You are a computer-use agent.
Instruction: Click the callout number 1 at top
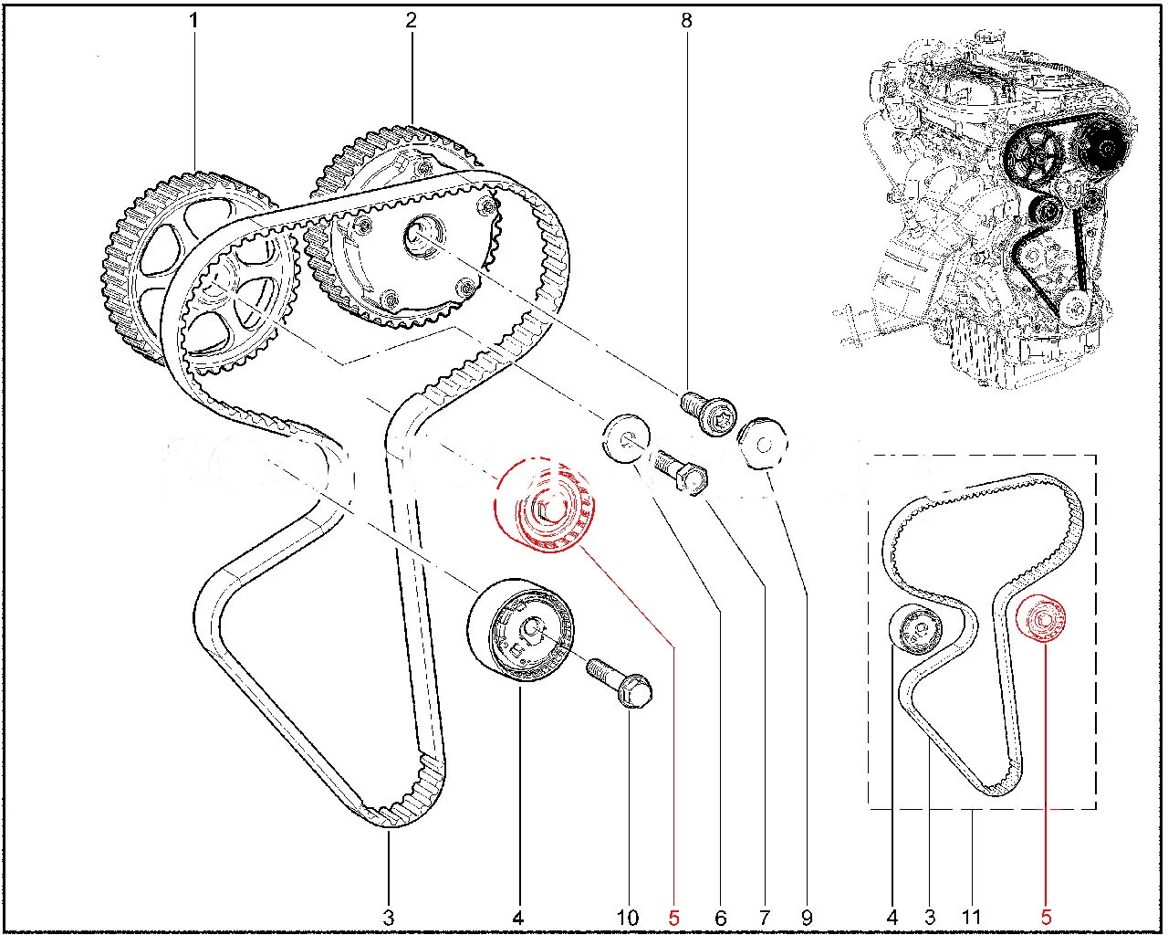tap(193, 21)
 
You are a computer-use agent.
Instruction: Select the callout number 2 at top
tap(411, 21)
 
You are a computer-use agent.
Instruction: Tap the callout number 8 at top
tap(686, 21)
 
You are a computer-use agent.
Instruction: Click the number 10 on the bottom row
tap(628, 919)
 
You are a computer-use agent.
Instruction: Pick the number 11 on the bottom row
tap(971, 919)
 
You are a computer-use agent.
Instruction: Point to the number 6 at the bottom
tap(720, 919)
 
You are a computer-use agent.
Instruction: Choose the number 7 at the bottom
tap(764, 919)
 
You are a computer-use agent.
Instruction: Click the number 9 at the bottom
tap(807, 919)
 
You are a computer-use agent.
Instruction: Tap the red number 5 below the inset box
tap(1046, 919)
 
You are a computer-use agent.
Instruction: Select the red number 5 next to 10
tap(673, 919)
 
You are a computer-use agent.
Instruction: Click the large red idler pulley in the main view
tap(545, 505)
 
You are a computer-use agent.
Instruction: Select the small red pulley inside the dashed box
tap(1040, 619)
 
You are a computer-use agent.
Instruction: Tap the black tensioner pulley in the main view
tap(519, 630)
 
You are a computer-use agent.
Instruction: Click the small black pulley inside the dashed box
tap(915, 629)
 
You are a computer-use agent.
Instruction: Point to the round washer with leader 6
tap(625, 438)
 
